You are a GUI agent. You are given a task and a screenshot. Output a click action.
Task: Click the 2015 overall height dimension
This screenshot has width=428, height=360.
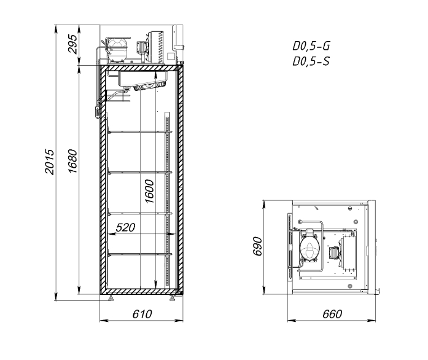tap(50, 162)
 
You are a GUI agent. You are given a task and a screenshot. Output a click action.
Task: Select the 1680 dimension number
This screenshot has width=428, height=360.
tap(73, 161)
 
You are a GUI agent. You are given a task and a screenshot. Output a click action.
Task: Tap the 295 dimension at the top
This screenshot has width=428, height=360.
tap(73, 44)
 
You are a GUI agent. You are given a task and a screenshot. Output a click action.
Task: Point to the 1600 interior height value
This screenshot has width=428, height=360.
tap(150, 191)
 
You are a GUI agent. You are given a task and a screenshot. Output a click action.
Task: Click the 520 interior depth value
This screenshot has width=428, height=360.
tap(125, 227)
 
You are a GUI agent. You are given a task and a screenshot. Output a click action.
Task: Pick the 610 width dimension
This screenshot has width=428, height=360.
tap(142, 314)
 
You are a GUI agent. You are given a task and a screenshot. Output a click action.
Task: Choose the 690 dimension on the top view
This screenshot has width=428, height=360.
tap(257, 246)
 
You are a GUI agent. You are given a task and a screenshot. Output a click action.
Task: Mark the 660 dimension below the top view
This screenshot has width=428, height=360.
tap(332, 314)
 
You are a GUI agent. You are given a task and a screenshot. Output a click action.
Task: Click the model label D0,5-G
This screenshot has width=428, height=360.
tap(311, 46)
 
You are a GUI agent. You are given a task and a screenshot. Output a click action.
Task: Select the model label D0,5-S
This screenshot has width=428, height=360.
tap(311, 61)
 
